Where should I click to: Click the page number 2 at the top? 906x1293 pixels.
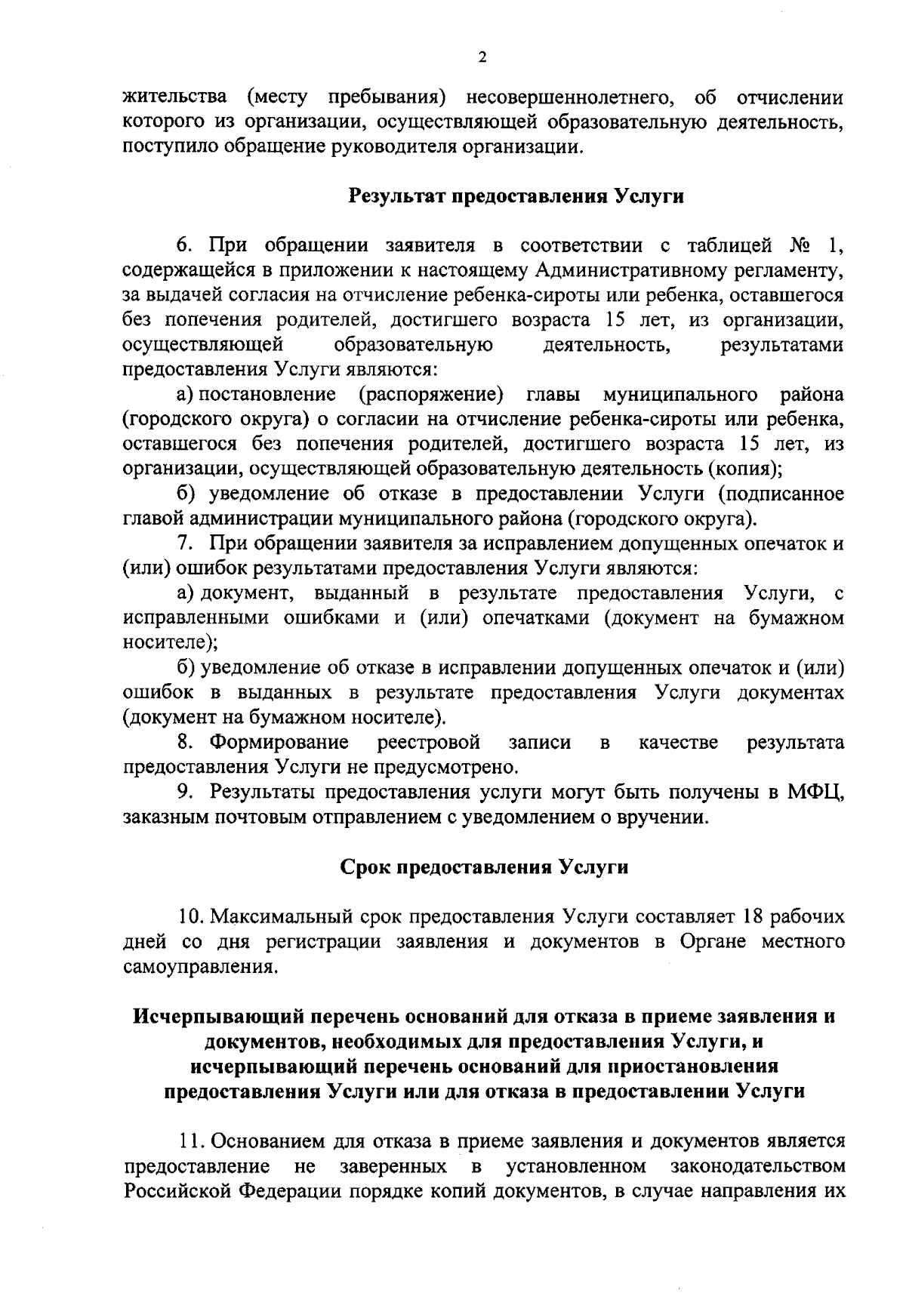pyautogui.click(x=482, y=57)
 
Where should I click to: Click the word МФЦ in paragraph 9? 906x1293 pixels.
pyautogui.click(x=815, y=793)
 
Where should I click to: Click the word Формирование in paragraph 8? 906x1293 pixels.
pyautogui.click(x=279, y=743)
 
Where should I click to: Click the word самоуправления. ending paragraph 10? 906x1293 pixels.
pyautogui.click(x=199, y=966)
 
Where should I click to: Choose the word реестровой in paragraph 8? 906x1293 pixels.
pyautogui.click(x=430, y=743)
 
